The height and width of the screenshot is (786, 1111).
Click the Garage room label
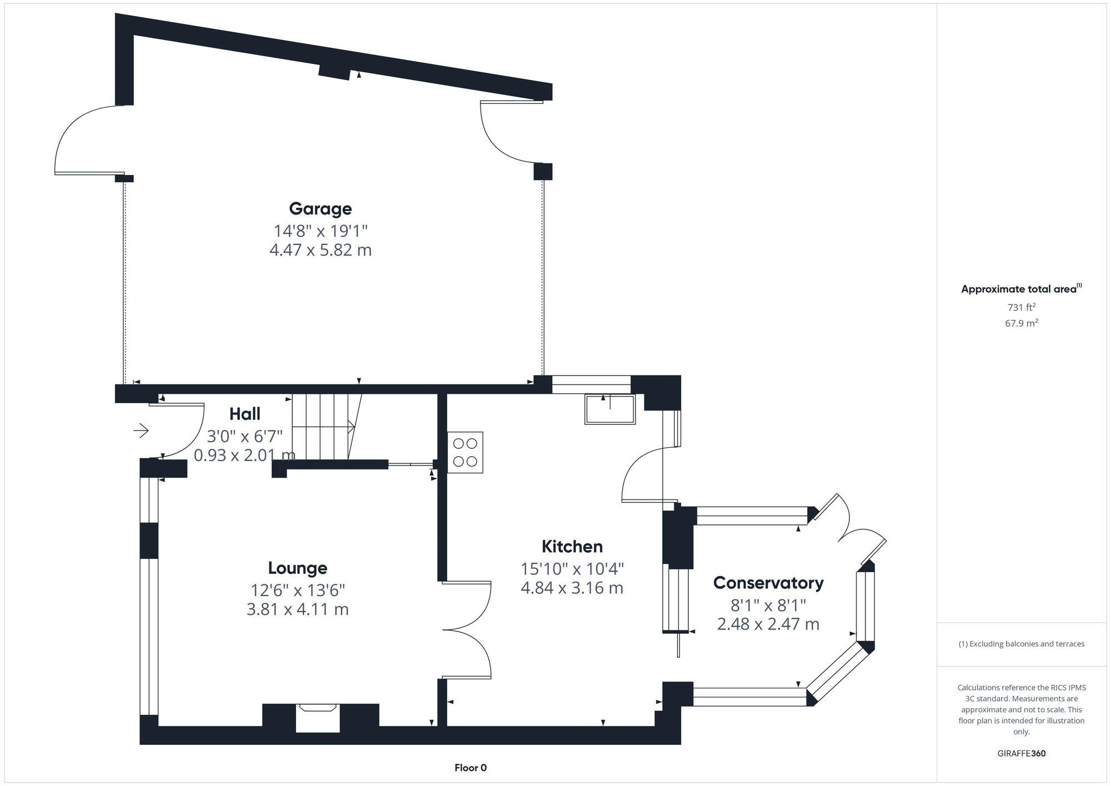[320, 209]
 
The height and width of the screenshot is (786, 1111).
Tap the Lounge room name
[297, 568]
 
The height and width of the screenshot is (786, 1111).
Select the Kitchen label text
[572, 547]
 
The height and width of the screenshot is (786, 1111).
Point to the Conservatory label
[768, 583]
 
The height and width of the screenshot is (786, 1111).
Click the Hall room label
[244, 414]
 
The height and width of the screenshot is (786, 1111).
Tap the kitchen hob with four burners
[465, 452]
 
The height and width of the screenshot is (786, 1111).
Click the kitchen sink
[609, 409]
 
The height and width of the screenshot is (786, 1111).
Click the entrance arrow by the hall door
[141, 430]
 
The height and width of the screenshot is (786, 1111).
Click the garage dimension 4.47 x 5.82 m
[320, 250]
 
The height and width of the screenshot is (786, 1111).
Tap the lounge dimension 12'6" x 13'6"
[297, 590]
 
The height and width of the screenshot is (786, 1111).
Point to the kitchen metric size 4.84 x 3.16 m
[572, 588]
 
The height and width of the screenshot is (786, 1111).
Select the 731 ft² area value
[1021, 307]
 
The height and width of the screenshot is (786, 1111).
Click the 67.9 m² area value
[1021, 323]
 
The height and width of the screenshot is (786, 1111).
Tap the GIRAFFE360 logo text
[1021, 754]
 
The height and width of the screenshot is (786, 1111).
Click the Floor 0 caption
[470, 768]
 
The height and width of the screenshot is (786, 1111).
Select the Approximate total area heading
[1020, 289]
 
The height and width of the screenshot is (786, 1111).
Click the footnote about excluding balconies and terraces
[1021, 644]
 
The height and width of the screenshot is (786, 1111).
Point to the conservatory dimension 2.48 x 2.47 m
[768, 624]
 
